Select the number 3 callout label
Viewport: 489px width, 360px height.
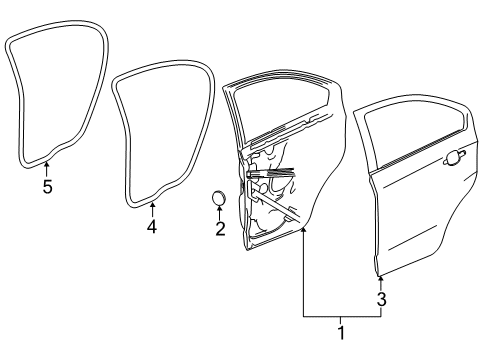click(x=381, y=298)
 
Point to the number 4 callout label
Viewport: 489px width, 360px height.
click(x=152, y=226)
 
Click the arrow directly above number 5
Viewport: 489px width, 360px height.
click(x=47, y=166)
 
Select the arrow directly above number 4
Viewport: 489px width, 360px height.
click(x=152, y=207)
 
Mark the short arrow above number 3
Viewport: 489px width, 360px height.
click(x=381, y=281)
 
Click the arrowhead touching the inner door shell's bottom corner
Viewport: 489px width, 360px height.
click(x=303, y=231)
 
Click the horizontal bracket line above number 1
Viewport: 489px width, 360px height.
click(x=341, y=316)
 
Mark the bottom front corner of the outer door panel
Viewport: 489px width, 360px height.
click(x=378, y=270)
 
